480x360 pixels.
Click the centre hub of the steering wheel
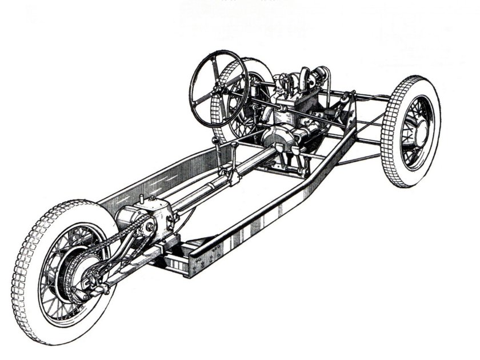219,89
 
